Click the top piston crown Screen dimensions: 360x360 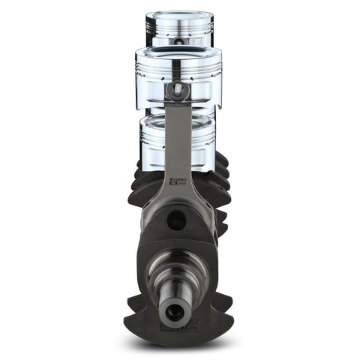179,14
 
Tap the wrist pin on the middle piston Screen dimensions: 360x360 178,91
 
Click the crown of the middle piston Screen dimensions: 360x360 178,52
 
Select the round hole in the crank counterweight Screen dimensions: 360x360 177,220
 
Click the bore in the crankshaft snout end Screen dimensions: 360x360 173,311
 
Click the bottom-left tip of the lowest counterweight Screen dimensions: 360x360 129,303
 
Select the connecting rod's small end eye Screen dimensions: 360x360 178,91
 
